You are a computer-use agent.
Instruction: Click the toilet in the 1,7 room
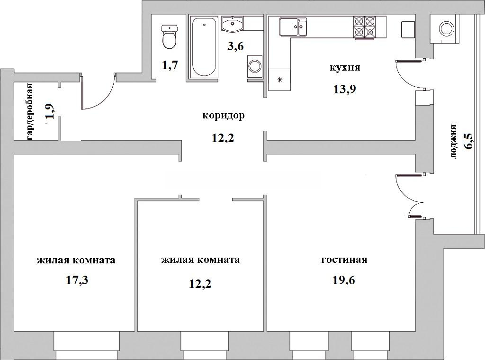pos(170,37)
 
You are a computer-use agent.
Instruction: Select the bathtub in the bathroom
pos(204,46)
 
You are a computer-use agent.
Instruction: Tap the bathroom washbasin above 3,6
pos(233,24)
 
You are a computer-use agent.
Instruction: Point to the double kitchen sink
pos(293,27)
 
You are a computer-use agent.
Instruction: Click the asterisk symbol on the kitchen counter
pos(279,80)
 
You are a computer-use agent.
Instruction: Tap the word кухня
pos(345,67)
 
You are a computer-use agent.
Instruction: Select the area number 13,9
pos(344,89)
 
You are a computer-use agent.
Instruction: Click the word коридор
pos(224,116)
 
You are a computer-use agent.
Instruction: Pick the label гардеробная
pos(30,112)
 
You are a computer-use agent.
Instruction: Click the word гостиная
pos(344,260)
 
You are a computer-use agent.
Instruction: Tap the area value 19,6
pos(344,280)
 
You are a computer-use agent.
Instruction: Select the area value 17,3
pos(77,280)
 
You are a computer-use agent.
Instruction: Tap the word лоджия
pos(453,142)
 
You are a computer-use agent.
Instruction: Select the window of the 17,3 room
pos(87,345)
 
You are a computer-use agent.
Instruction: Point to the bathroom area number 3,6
pos(235,46)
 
